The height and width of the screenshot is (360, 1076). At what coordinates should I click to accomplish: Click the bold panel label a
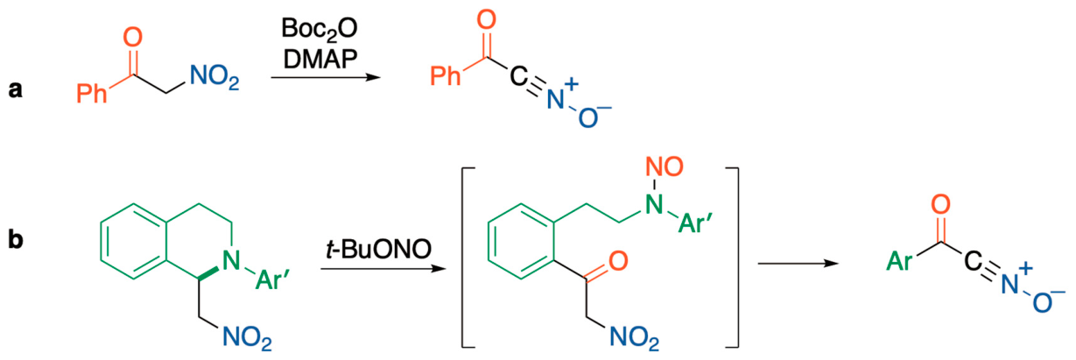click(x=16, y=89)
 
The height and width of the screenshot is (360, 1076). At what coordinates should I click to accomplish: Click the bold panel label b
click(x=16, y=238)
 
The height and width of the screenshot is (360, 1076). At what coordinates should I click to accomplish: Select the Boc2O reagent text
click(x=320, y=29)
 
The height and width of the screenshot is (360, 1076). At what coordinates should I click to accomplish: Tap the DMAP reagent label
click(x=320, y=59)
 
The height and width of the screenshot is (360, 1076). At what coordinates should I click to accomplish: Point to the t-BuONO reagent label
click(x=378, y=249)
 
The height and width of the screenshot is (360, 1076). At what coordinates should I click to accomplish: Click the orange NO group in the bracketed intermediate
click(x=665, y=166)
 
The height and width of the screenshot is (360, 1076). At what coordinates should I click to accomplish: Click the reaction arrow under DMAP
click(x=326, y=77)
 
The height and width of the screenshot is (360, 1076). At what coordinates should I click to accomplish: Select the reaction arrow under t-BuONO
click(x=383, y=268)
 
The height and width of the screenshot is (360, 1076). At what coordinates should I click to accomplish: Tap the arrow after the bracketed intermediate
click(x=798, y=264)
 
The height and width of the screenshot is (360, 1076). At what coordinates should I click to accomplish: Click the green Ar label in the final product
click(x=899, y=262)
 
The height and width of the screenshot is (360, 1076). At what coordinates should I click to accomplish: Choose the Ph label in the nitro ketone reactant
click(x=91, y=93)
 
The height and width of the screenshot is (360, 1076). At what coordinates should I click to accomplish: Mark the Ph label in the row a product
click(x=445, y=76)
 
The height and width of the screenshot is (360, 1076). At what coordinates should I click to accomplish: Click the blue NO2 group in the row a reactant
click(x=214, y=76)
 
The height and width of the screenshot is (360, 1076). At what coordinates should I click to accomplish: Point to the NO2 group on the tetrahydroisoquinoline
click(x=247, y=337)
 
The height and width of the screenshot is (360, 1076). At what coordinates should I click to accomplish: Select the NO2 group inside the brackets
click(x=634, y=337)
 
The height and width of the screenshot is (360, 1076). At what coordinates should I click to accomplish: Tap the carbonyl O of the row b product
click(x=940, y=204)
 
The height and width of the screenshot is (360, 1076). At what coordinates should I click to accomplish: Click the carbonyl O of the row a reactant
click(x=132, y=37)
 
